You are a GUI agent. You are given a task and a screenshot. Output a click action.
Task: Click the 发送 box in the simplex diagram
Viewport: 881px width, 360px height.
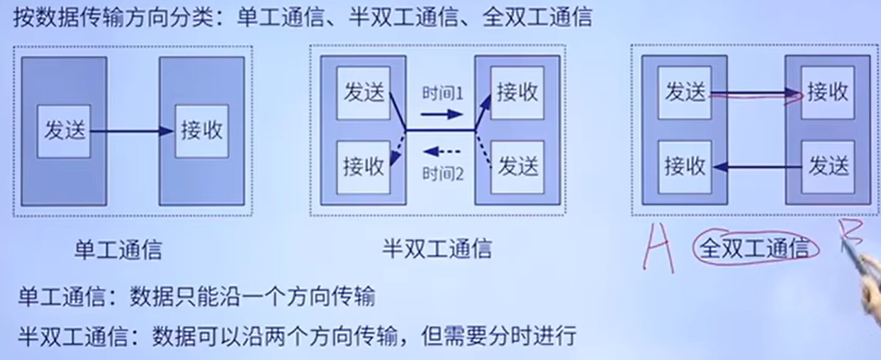[x=64, y=131]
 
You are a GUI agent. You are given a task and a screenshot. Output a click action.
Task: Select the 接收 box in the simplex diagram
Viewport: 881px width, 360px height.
[x=201, y=131]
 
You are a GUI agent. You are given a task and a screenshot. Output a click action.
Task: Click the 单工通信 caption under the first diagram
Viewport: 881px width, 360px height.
[x=118, y=249]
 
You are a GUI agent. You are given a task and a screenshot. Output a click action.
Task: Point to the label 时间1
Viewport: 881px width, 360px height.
[x=442, y=94]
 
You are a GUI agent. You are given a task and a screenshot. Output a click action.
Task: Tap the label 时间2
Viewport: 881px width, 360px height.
[x=442, y=172]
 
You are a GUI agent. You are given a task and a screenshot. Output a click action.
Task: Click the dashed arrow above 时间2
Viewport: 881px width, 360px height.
[x=442, y=151]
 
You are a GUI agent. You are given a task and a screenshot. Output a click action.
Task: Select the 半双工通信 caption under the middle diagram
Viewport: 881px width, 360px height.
[x=437, y=249]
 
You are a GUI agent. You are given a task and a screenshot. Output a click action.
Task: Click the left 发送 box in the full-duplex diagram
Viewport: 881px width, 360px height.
[x=685, y=92]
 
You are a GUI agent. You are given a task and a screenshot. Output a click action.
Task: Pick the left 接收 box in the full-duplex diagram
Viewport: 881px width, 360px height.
[x=685, y=166]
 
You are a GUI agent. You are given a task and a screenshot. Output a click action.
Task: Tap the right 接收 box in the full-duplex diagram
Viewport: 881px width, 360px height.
[x=828, y=92]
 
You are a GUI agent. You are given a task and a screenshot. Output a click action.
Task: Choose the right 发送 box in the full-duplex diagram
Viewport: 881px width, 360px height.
[x=828, y=166]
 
